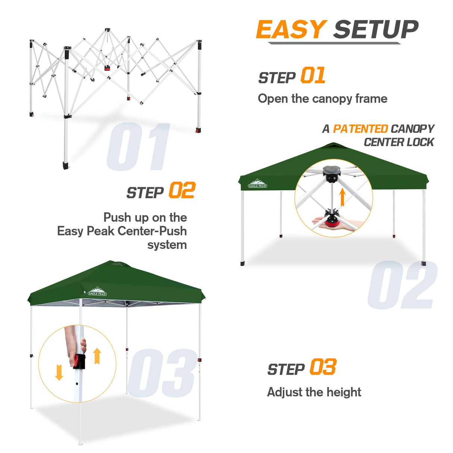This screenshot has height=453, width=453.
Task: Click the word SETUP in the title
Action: pos(376,29)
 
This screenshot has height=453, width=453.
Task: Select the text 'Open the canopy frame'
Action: pos(322,99)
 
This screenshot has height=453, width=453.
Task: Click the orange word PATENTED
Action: pos(360,129)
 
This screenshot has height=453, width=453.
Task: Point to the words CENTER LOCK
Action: pos(399,142)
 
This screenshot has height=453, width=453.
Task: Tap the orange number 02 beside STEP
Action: pos(182,191)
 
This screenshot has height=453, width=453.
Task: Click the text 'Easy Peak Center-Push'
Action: pos(122,231)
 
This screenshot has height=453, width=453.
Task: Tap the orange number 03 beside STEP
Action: pos(323,367)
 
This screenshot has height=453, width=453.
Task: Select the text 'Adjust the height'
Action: pos(314,392)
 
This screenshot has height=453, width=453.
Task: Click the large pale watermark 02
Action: pos(402,285)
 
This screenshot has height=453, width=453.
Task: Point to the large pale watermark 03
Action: pos(162,373)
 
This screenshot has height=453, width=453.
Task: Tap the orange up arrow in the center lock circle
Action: pos(342,197)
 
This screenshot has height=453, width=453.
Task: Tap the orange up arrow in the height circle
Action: pos(97,356)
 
